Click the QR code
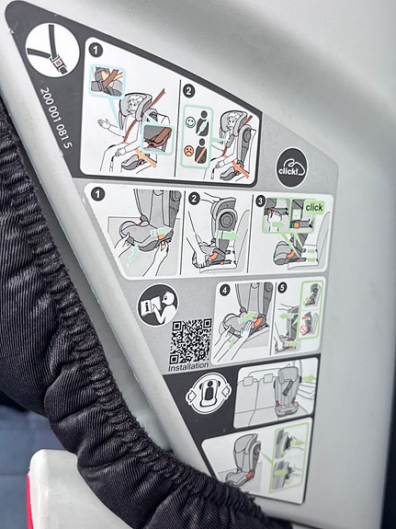click(x=191, y=340)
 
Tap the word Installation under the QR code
click(x=188, y=367)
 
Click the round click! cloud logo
click(x=291, y=167)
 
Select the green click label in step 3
click(x=314, y=208)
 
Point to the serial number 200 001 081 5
click(x=56, y=118)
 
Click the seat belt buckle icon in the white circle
click(x=52, y=50)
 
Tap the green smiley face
click(x=190, y=122)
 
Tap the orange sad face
click(x=189, y=151)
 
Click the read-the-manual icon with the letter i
click(x=158, y=305)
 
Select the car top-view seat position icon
click(x=209, y=394)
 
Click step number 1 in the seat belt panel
click(x=96, y=51)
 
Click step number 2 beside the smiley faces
click(x=188, y=91)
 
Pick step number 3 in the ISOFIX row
click(x=260, y=201)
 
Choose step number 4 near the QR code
click(x=225, y=290)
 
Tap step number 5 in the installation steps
click(x=282, y=287)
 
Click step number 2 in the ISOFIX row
click(x=194, y=199)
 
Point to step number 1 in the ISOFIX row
click(x=98, y=194)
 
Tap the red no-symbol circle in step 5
click(x=303, y=329)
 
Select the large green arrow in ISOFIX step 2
click(x=228, y=236)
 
